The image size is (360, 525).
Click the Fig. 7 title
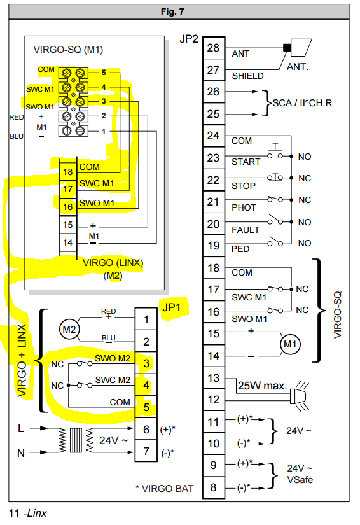pos(172,11)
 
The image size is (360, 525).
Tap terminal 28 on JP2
pos(214,48)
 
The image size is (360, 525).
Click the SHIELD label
pos(247,76)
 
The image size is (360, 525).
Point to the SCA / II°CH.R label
pos(302,103)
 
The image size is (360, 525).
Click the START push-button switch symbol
pos(275,151)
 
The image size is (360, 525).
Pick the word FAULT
pos(246,230)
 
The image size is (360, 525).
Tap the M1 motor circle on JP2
pos(290,344)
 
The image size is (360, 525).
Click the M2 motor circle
pos(69,330)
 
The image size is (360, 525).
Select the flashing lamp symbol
pos(299,396)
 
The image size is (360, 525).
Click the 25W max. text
pos(262,386)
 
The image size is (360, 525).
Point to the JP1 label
pos(171,307)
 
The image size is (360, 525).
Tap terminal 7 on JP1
pos(146,451)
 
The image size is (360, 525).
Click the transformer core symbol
pos(76,440)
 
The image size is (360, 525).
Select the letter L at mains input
pos(21,428)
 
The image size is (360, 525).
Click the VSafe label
pos(300,479)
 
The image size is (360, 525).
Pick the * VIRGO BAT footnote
pos(164,489)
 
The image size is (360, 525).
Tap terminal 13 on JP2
pos(214,378)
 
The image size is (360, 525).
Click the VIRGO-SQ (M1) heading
pos(68,50)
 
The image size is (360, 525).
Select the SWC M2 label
pos(113,380)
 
